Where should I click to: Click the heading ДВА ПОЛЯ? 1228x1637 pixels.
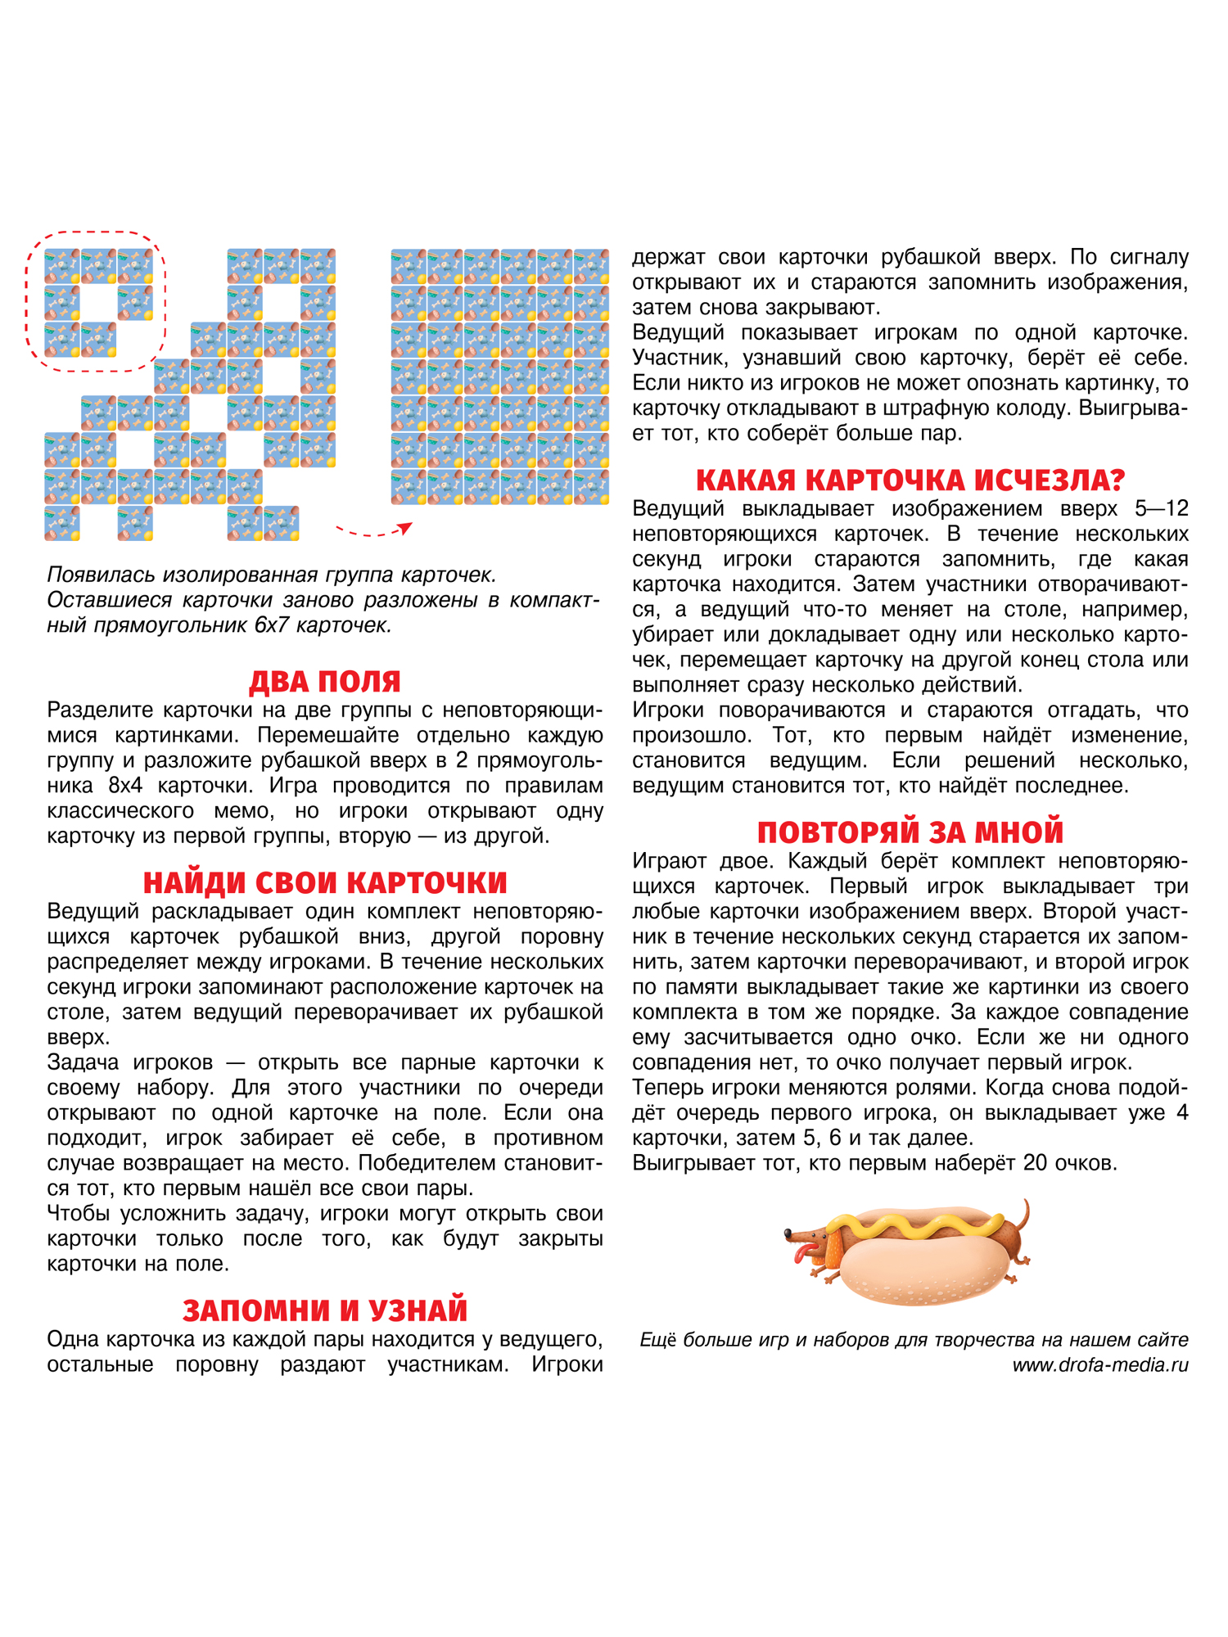point(325,681)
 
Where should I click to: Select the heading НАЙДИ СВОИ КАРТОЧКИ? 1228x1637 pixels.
point(325,882)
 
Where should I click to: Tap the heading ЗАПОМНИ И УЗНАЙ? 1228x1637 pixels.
point(325,1310)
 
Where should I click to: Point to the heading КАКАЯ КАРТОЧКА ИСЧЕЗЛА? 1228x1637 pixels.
point(910,480)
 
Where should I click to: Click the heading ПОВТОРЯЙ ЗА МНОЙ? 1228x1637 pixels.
point(910,832)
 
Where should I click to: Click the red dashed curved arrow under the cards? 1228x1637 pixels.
point(372,532)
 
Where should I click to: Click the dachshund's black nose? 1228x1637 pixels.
point(788,1233)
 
